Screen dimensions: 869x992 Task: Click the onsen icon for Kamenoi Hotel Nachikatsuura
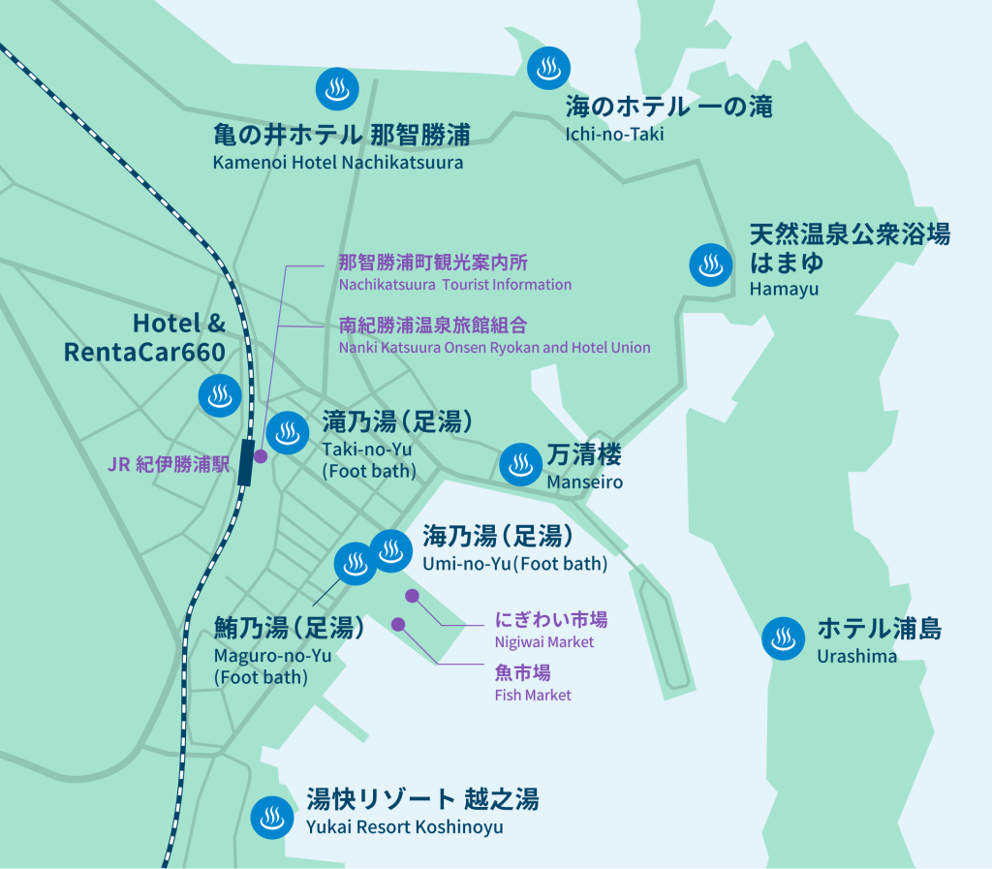click(x=337, y=90)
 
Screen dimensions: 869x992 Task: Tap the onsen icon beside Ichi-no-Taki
click(x=548, y=68)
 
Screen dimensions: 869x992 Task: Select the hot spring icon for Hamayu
click(x=710, y=264)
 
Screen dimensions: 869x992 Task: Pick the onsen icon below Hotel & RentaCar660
click(x=219, y=395)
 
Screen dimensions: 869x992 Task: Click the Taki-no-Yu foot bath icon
click(x=287, y=433)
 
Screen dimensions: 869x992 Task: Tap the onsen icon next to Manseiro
click(x=520, y=464)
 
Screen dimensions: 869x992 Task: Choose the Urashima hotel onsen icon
click(x=783, y=638)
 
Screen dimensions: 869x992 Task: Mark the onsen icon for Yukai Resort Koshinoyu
click(x=272, y=818)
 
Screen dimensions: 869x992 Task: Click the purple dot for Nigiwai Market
click(x=412, y=595)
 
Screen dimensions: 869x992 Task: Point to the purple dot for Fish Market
click(x=398, y=624)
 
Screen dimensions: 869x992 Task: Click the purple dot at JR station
click(x=260, y=453)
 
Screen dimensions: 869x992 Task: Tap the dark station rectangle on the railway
click(x=246, y=462)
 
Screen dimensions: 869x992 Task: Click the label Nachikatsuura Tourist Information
click(x=454, y=285)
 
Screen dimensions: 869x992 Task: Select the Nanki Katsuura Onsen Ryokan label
click(x=494, y=347)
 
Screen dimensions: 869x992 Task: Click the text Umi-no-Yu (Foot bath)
click(x=514, y=564)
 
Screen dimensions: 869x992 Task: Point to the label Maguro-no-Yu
click(x=272, y=656)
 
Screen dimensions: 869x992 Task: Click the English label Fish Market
click(x=532, y=695)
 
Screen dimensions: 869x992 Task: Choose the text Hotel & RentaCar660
click(x=145, y=337)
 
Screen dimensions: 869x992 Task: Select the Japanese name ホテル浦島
click(x=879, y=628)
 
